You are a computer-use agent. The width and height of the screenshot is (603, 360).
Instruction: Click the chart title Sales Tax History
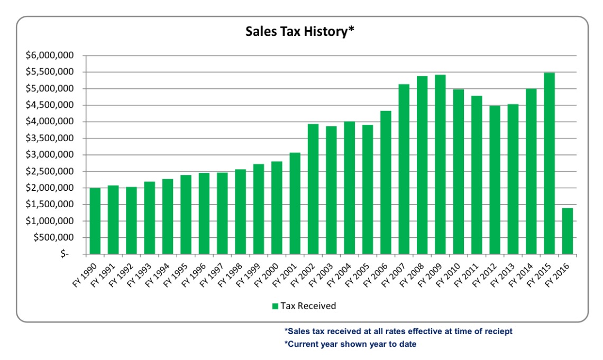(299, 32)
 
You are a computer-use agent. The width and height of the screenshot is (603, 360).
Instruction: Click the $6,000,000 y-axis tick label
(52, 56)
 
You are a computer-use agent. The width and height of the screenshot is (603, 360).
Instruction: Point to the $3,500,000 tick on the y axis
(52, 139)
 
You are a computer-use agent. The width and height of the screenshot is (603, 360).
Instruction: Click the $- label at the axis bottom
(65, 254)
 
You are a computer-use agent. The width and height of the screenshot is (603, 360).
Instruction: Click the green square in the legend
(275, 306)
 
